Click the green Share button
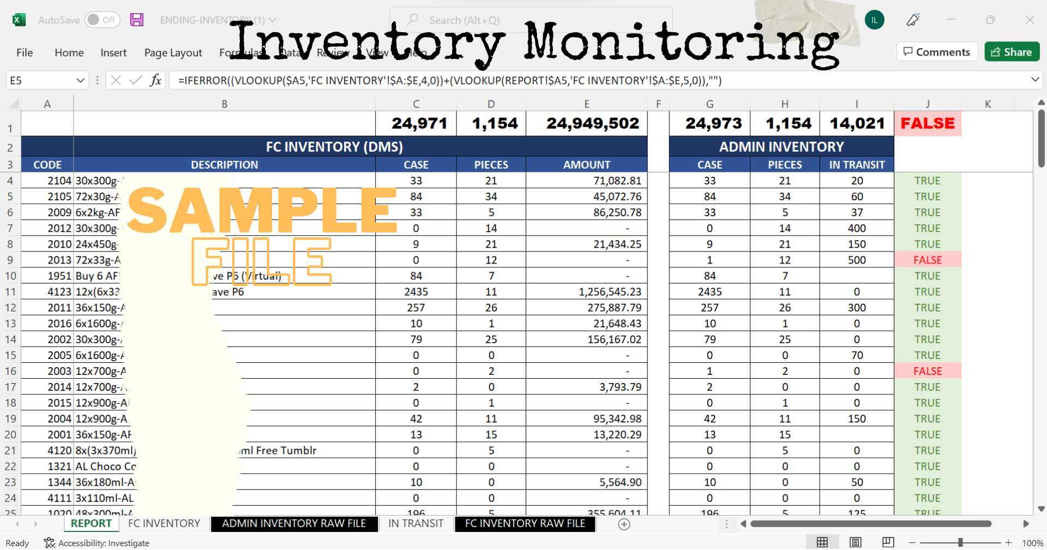[1012, 52]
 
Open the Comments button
[936, 52]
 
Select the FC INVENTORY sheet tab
[164, 523]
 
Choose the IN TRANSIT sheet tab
[416, 523]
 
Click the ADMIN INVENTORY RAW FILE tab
[294, 523]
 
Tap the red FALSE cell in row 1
[927, 123]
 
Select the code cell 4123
[59, 292]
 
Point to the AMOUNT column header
[586, 165]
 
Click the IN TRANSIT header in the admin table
[856, 165]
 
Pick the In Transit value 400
[856, 228]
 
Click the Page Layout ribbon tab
[173, 52]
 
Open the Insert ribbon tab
[113, 52]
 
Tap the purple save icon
[137, 20]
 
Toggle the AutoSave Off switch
[102, 20]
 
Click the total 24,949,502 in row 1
[592, 123]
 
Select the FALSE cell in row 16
[927, 371]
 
